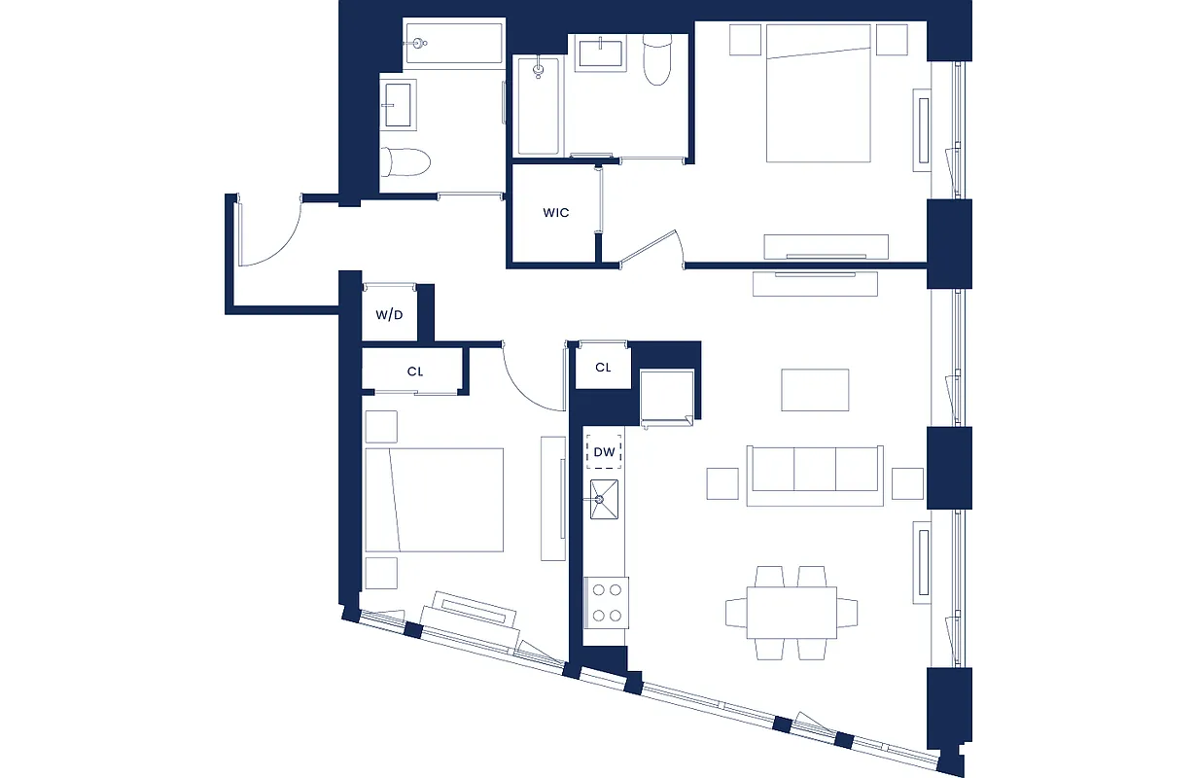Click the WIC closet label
coord(555,213)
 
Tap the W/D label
coord(389,315)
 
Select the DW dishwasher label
coord(604,451)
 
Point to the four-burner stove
coord(605,600)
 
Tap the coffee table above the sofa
coord(815,389)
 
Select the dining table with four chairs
coord(792,613)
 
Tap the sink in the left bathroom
coord(400,105)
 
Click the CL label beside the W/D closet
coord(415,371)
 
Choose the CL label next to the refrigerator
coord(603,368)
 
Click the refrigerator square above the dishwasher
coord(666,396)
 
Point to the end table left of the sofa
coord(722,483)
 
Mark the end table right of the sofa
coord(907,483)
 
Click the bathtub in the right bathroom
coord(537,106)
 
